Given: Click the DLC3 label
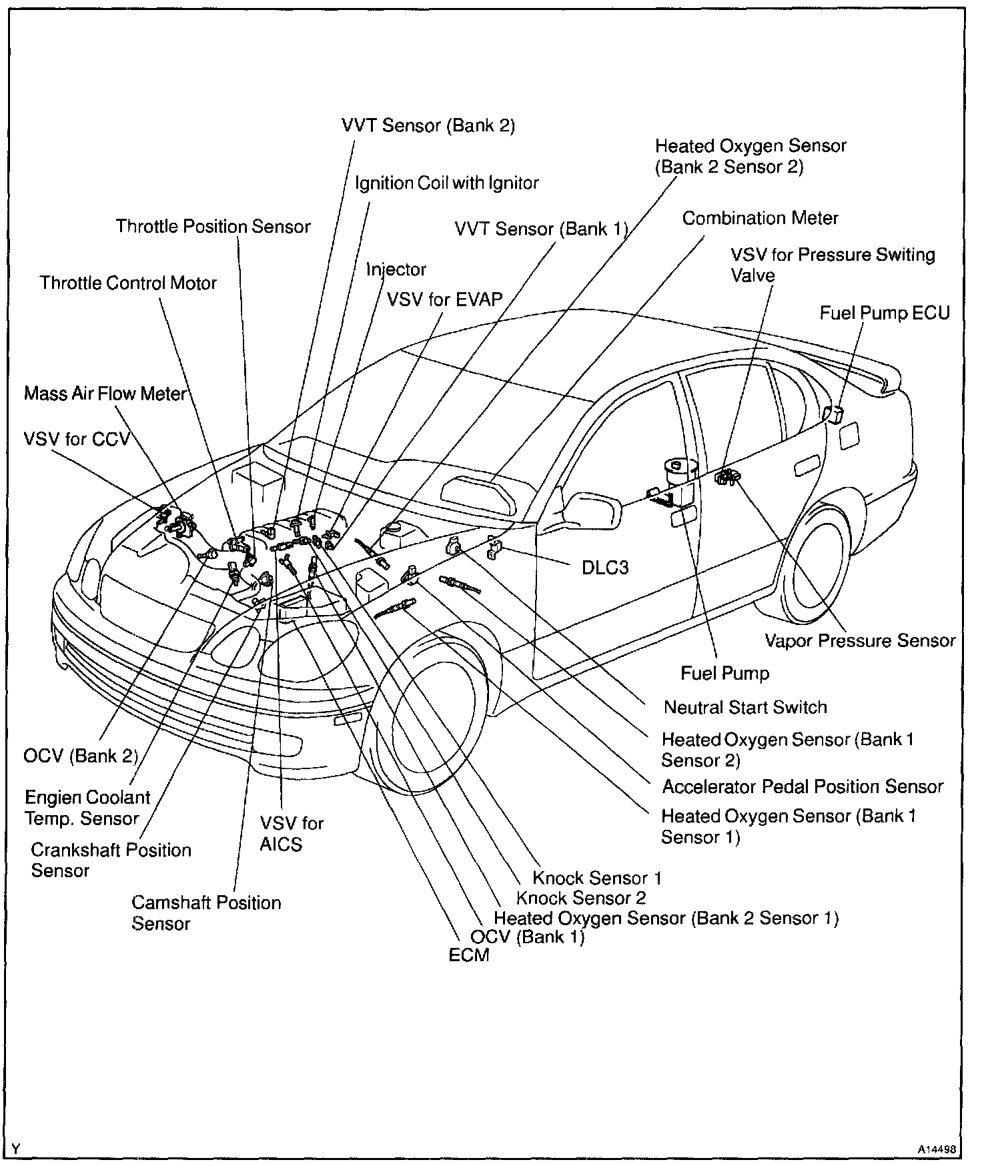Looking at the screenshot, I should point(605,568).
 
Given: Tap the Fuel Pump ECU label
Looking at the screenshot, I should point(885,313).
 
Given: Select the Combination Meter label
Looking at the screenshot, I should point(760,218).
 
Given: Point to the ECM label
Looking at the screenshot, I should point(469,955).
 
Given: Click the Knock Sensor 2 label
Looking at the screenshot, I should point(581,898).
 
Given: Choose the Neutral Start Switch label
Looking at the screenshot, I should point(745,707).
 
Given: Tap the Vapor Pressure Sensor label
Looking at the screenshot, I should point(860,640).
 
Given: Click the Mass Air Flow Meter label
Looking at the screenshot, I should point(105,394).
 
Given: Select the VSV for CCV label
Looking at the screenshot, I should point(77,440).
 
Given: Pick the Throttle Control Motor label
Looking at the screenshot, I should point(128,283).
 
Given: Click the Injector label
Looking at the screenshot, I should point(396,269).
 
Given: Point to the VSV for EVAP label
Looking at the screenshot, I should point(445,299).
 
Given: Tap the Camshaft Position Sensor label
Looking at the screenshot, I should point(206,913).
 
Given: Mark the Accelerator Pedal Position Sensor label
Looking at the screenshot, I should point(803,786).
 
